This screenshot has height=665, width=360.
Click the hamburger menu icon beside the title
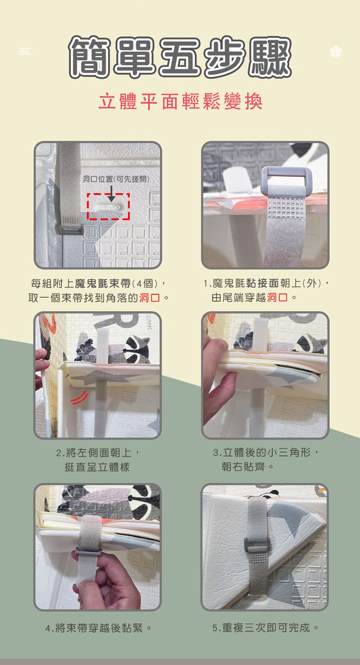[24, 51]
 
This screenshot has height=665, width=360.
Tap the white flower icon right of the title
[336, 52]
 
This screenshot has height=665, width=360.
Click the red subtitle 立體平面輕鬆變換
[180, 102]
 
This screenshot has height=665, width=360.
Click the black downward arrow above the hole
[111, 194]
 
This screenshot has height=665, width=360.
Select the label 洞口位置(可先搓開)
[116, 179]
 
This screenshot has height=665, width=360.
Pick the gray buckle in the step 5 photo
[257, 544]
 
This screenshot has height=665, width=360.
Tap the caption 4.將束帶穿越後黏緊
[98, 628]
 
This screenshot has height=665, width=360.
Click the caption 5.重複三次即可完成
[265, 628]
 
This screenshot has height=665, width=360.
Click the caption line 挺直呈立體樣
[97, 467]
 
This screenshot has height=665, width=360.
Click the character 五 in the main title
[179, 57]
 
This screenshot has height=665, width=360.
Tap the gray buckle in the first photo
[70, 229]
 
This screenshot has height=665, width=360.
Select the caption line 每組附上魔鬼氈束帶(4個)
[94, 283]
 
